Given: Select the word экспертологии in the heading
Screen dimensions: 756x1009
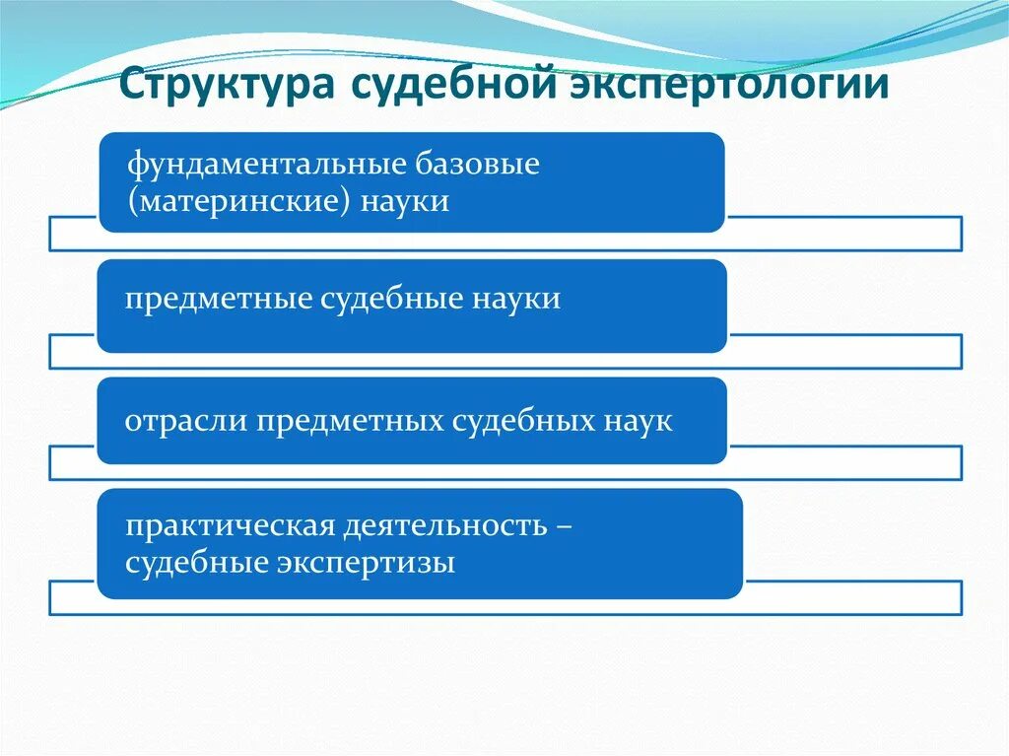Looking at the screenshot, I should tap(731, 84).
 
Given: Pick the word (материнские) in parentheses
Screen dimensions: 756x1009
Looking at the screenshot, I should tap(236, 201).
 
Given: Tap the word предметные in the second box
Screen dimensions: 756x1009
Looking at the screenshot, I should tap(216, 299).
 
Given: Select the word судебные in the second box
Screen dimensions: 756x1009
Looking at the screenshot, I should tap(387, 299).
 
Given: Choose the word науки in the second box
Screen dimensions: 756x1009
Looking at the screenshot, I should tap(514, 299).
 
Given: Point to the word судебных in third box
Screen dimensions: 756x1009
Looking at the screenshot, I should tap(522, 422).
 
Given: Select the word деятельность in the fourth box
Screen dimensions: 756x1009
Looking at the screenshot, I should tap(445, 526).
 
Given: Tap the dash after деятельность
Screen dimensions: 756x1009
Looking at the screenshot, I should tap(565, 526).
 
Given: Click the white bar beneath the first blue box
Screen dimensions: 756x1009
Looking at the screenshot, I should tap(843, 234).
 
